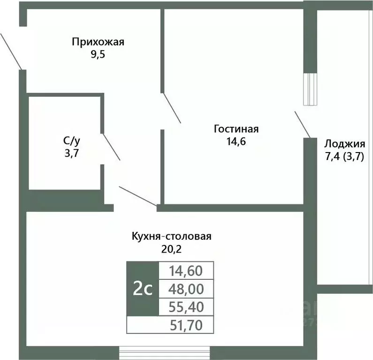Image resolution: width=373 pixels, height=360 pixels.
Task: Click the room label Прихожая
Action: point(98,42)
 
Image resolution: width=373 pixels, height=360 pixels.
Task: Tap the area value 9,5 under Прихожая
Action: point(98,54)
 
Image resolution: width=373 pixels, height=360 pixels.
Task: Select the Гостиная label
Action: point(236,129)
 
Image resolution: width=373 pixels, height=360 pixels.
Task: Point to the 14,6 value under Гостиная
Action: point(236,142)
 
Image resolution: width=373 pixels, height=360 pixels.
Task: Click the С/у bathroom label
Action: point(72,141)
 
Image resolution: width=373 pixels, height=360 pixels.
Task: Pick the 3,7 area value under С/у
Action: point(72,153)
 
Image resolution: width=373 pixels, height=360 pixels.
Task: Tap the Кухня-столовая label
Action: point(172,237)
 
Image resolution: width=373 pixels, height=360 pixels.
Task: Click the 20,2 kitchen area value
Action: point(171,249)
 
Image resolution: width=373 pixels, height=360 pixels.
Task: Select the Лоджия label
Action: point(345,144)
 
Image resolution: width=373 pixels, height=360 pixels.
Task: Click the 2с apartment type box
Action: point(143,289)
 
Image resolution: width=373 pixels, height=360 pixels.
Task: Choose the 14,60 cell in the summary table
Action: point(186,270)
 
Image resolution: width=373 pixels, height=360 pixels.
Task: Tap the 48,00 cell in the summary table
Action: point(186,289)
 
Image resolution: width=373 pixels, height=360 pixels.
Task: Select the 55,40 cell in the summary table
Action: point(186,307)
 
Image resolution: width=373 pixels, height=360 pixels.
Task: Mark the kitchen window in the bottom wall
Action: point(164,353)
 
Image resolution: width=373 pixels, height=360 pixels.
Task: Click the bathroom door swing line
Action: point(111,146)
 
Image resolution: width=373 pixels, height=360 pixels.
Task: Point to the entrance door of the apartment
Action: point(11,51)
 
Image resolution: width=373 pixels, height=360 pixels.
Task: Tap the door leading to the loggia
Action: point(303,124)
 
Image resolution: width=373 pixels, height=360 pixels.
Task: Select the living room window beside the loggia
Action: point(310,89)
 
